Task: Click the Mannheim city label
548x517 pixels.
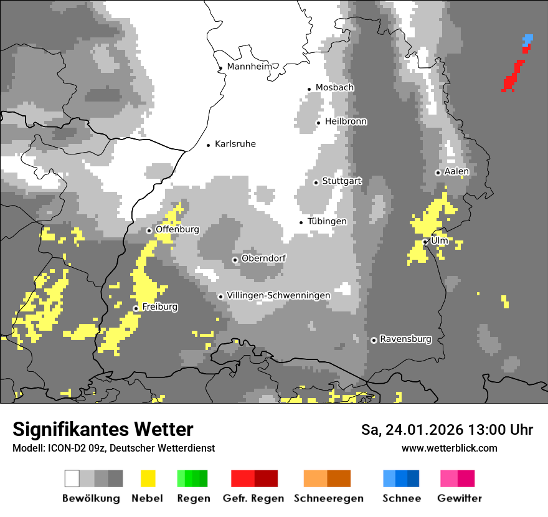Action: [250, 67]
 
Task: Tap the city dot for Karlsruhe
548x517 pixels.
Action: [209, 145]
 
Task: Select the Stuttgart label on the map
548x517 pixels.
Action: [342, 181]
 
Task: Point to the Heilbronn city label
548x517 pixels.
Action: [346, 121]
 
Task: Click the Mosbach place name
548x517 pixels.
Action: [334, 88]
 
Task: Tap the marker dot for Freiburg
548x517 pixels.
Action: [136, 308]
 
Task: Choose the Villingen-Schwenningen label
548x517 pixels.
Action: [278, 295]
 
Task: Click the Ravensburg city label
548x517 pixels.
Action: [405, 339]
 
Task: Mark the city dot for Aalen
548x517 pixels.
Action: [438, 173]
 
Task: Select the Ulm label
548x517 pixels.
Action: [440, 240]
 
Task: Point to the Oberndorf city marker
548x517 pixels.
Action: [235, 260]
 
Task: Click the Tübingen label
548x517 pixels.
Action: [327, 222]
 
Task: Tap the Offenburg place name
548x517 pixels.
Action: [177, 229]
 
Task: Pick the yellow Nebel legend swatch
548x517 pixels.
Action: [148, 478]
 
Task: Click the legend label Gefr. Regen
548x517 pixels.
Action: [253, 498]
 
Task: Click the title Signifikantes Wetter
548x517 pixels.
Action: [103, 430]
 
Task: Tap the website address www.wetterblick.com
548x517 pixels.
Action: [449, 448]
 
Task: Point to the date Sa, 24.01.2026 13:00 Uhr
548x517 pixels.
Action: [446, 430]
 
